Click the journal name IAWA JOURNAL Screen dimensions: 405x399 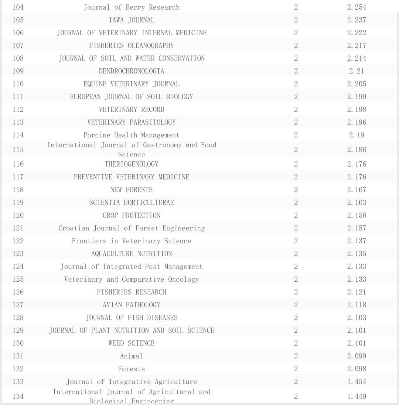click(x=132, y=20)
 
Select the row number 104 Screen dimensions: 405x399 click(x=18, y=7)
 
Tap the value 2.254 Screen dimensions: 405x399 click(x=357, y=7)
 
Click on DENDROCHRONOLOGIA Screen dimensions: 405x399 click(x=132, y=71)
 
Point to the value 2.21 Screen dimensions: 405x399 click(x=357, y=71)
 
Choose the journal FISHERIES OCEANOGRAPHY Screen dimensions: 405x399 click(x=132, y=45)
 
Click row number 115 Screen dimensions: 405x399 click(x=18, y=150)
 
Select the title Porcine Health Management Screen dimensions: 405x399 click(x=132, y=135)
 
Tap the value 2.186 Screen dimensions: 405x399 click(x=357, y=150)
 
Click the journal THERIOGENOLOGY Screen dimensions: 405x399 click(x=132, y=164)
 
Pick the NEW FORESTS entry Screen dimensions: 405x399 click(x=132, y=190)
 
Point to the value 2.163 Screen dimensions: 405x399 click(x=357, y=202)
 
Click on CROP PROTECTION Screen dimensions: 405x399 click(x=132, y=215)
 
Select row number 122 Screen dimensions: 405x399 click(x=18, y=241)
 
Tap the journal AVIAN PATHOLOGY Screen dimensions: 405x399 click(x=132, y=305)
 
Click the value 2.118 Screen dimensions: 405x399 click(x=357, y=305)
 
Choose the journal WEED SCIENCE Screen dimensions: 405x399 click(x=132, y=343)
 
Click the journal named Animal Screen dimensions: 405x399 click(x=132, y=356)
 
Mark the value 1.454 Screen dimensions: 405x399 click(x=357, y=382)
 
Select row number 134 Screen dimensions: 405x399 click(x=18, y=396)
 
